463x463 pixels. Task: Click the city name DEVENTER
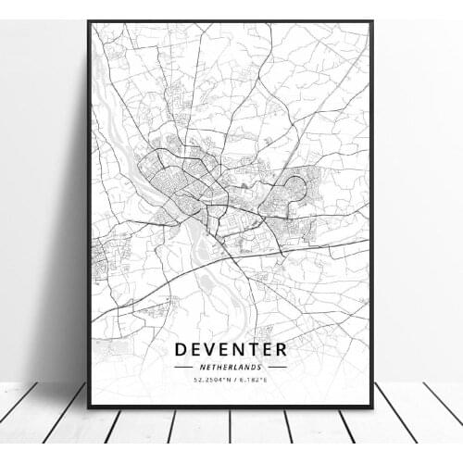pos(230,350)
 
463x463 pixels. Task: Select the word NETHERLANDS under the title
pos(230,368)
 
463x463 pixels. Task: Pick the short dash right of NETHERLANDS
pos(276,368)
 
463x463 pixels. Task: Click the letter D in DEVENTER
pos(179,350)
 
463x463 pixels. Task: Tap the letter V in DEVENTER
pos(208,350)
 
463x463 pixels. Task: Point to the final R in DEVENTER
pos(281,350)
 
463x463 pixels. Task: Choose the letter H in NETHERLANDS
pos(219,368)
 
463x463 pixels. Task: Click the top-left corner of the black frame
pos(89,21)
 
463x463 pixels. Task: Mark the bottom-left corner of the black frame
pos(89,407)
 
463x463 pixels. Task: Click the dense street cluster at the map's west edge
pos(99,259)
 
